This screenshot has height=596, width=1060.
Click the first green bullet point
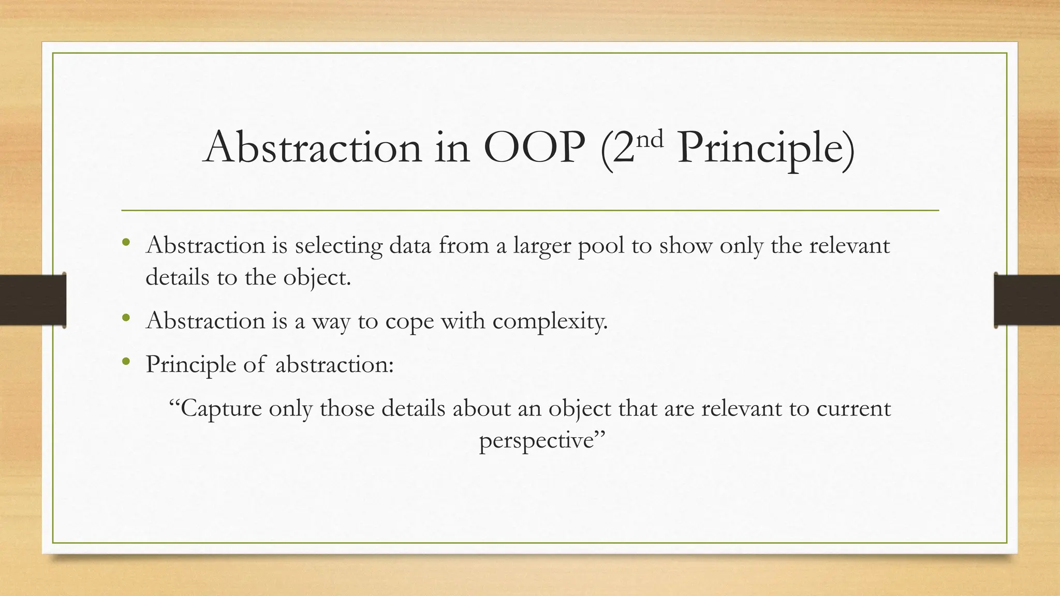pyautogui.click(x=126, y=242)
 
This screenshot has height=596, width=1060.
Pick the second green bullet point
pyautogui.click(x=126, y=318)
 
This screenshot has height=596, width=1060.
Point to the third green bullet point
pyautogui.click(x=126, y=362)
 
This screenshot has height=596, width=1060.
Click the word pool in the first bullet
pyautogui.click(x=601, y=246)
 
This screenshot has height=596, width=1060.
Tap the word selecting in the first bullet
pyautogui.click(x=338, y=246)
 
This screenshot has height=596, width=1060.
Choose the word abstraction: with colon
pyautogui.click(x=334, y=365)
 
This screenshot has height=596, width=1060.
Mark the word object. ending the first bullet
pyautogui.click(x=317, y=278)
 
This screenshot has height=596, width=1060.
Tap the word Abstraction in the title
pyautogui.click(x=313, y=148)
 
